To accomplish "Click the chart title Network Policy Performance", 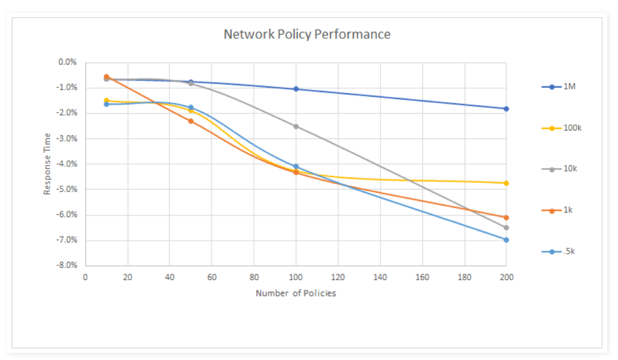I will pyautogui.click(x=306, y=34).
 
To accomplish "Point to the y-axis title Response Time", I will pyautogui.click(x=48, y=163).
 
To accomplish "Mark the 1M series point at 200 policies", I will pyautogui.click(x=506, y=109).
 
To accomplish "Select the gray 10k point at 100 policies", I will pyautogui.click(x=296, y=126).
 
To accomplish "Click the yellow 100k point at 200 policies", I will pyautogui.click(x=506, y=183).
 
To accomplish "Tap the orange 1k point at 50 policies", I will pyautogui.click(x=191, y=121).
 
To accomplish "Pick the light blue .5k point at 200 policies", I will pyautogui.click(x=506, y=239).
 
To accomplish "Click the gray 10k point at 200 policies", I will pyautogui.click(x=506, y=227).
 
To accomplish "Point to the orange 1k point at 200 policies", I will pyautogui.click(x=506, y=217).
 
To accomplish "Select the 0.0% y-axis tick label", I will pyautogui.click(x=67, y=62).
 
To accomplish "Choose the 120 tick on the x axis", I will pyautogui.click(x=338, y=276).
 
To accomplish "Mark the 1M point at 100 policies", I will pyautogui.click(x=296, y=89).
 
